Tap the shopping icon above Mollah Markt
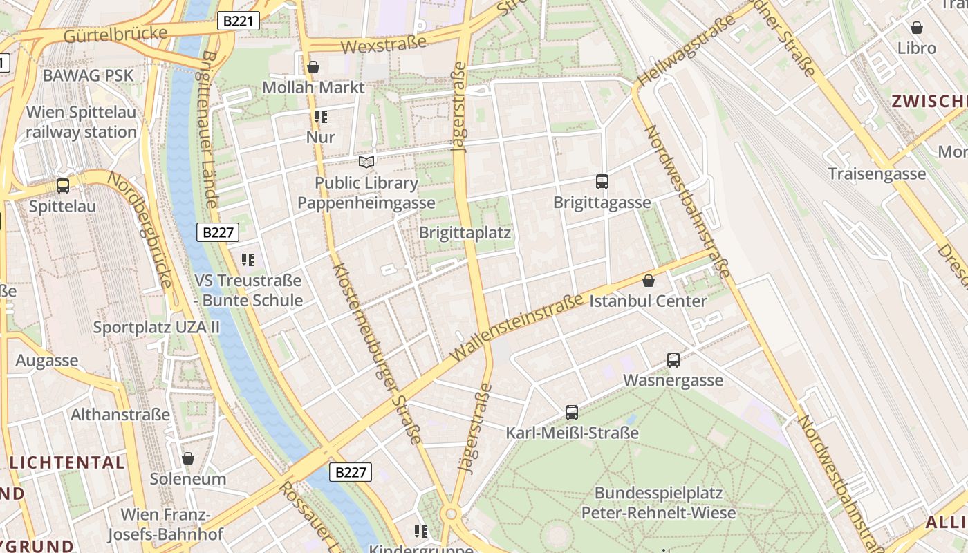[x=313, y=67]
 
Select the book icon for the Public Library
[x=366, y=162]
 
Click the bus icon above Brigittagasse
[x=602, y=182]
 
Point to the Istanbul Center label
[x=648, y=301]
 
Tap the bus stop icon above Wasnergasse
[x=673, y=359]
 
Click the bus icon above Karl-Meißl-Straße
[x=572, y=413]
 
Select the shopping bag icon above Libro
[x=917, y=28]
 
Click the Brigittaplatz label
[x=465, y=232]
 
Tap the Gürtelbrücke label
[x=115, y=35]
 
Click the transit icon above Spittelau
[x=63, y=185]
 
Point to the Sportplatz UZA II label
[x=156, y=327]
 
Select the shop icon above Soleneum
[x=188, y=458]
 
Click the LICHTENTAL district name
[x=67, y=462]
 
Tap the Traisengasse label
[x=877, y=174]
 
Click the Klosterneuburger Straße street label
[x=376, y=353]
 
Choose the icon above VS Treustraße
[x=248, y=260]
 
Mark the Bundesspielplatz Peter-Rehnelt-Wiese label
[x=658, y=503]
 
